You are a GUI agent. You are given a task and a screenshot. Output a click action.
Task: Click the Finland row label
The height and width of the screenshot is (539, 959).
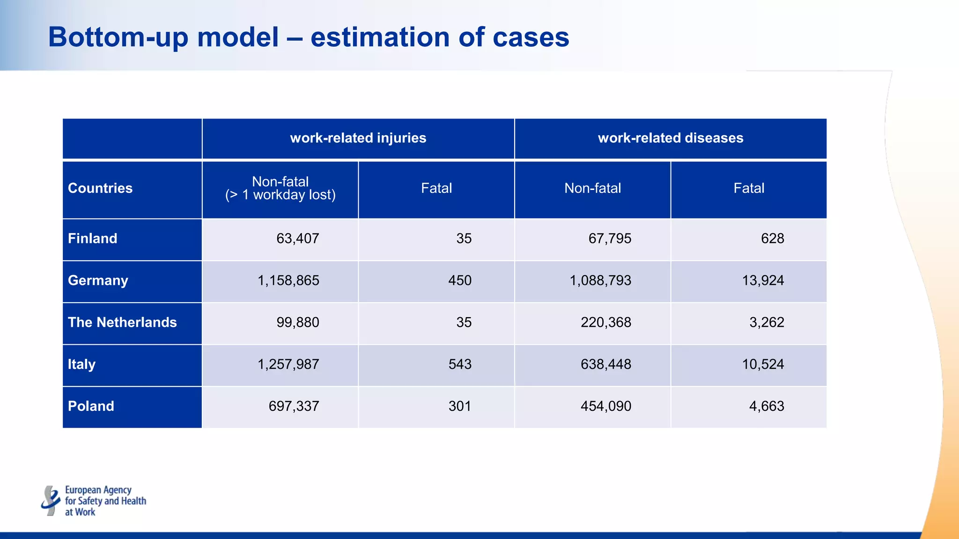click(x=93, y=239)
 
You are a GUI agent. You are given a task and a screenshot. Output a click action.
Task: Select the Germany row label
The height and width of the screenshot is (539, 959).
click(x=98, y=280)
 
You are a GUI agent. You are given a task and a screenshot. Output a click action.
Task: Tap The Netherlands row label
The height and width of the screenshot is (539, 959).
click(x=122, y=322)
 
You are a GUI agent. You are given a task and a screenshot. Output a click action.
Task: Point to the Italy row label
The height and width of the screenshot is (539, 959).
click(x=81, y=364)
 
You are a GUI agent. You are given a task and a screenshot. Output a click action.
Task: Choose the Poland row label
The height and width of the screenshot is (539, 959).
click(x=91, y=406)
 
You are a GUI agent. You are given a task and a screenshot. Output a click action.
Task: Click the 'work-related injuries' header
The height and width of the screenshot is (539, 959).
click(x=358, y=138)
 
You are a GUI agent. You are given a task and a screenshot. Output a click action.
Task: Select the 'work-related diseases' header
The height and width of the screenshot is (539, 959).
click(x=671, y=138)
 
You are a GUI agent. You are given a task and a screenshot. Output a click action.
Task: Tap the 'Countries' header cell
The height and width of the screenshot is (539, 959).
click(x=100, y=188)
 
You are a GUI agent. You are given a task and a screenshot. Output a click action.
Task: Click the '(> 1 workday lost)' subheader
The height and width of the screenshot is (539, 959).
click(x=280, y=195)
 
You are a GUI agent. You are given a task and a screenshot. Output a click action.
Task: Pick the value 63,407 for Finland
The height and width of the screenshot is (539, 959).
click(x=298, y=239)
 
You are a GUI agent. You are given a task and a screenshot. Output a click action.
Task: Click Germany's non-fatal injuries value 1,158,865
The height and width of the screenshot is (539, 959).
click(x=288, y=280)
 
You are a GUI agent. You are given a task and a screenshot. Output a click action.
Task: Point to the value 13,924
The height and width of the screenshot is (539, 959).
click(x=763, y=280)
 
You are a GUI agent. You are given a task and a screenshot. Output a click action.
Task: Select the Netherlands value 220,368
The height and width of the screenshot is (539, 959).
click(x=606, y=322)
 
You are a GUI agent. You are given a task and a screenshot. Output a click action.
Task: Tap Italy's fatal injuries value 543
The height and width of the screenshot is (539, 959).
click(x=460, y=364)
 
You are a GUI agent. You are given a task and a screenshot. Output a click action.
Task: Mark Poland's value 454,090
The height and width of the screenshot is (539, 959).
click(x=606, y=406)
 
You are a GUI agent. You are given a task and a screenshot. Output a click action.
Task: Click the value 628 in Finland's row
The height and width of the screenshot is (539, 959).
click(x=772, y=239)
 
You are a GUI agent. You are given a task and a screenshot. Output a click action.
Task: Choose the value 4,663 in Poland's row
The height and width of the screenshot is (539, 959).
click(x=767, y=406)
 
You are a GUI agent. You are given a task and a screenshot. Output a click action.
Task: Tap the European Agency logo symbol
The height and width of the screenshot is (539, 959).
click(x=51, y=501)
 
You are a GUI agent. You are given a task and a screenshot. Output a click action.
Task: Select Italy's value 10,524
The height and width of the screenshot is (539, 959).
click(x=763, y=364)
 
